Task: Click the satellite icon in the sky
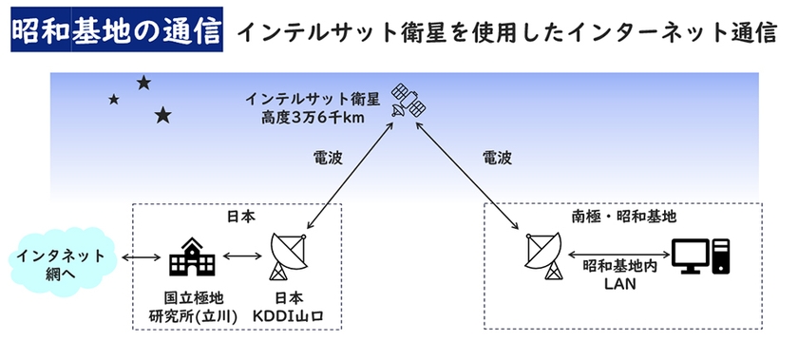(408, 102)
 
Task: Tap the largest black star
(162, 116)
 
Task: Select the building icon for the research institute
(192, 257)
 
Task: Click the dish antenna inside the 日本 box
(288, 256)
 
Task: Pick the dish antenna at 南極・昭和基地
(543, 256)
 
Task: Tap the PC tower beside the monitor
(721, 256)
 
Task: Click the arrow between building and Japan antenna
(241, 256)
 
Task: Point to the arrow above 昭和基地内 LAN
(617, 254)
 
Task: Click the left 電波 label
(327, 158)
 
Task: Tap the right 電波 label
(497, 158)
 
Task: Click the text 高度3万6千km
(311, 118)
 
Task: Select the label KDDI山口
(289, 316)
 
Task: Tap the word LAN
(619, 284)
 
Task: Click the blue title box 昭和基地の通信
(117, 29)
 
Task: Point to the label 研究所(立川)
(194, 316)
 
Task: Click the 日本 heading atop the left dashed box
(241, 217)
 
